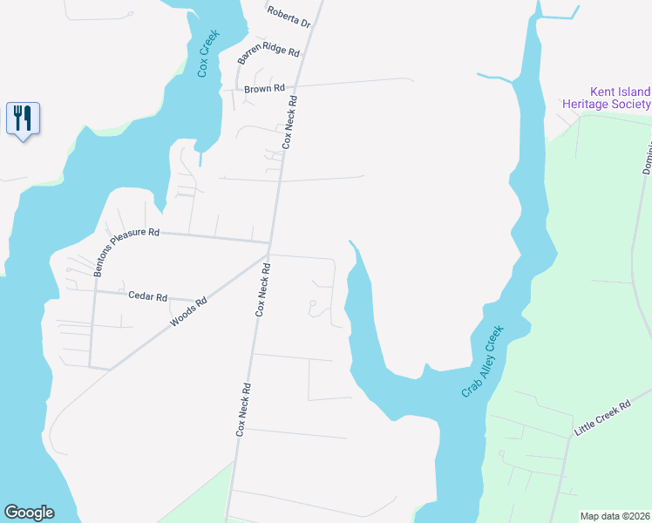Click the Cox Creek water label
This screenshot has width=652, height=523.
click(x=207, y=54)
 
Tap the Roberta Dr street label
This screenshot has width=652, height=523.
click(x=289, y=17)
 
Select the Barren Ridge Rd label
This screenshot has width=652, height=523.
click(x=268, y=55)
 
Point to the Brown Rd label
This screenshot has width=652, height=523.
click(x=264, y=89)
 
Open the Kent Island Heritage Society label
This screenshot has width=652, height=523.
click(x=607, y=98)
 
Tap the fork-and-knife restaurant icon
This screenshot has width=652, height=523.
click(x=23, y=118)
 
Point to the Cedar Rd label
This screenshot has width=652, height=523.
click(x=147, y=296)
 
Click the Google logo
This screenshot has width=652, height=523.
click(x=28, y=513)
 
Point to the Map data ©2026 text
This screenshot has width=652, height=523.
click(x=615, y=515)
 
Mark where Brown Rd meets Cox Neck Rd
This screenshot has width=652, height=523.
click(x=296, y=87)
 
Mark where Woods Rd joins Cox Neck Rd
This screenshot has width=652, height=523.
click(x=268, y=255)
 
